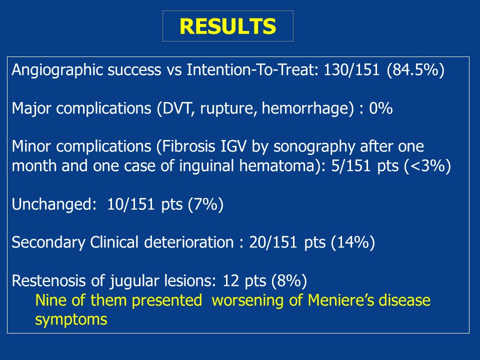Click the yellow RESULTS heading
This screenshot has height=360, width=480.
coord(228,26)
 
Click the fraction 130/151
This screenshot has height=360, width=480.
coord(351,70)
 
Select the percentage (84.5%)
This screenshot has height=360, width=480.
coord(415,70)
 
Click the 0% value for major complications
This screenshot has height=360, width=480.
coord(381,108)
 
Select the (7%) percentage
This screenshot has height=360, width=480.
coord(205,204)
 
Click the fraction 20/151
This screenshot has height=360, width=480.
coord(273,242)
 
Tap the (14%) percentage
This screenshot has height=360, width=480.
coord(353,242)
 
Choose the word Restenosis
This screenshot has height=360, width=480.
coord(48,280)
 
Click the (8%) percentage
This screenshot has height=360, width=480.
coord(289,280)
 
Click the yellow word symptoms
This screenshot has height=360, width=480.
coord(71,320)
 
